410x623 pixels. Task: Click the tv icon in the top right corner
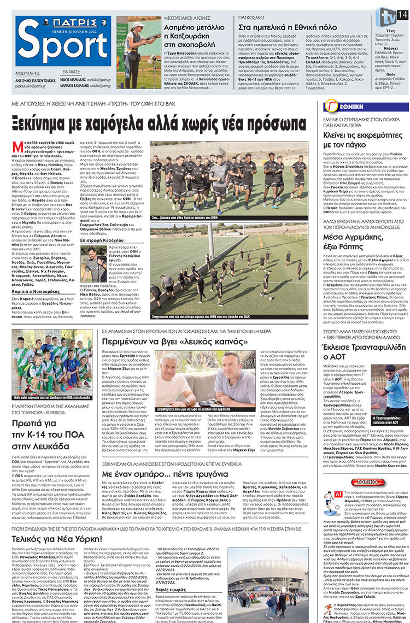pyautogui.click(x=388, y=16)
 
